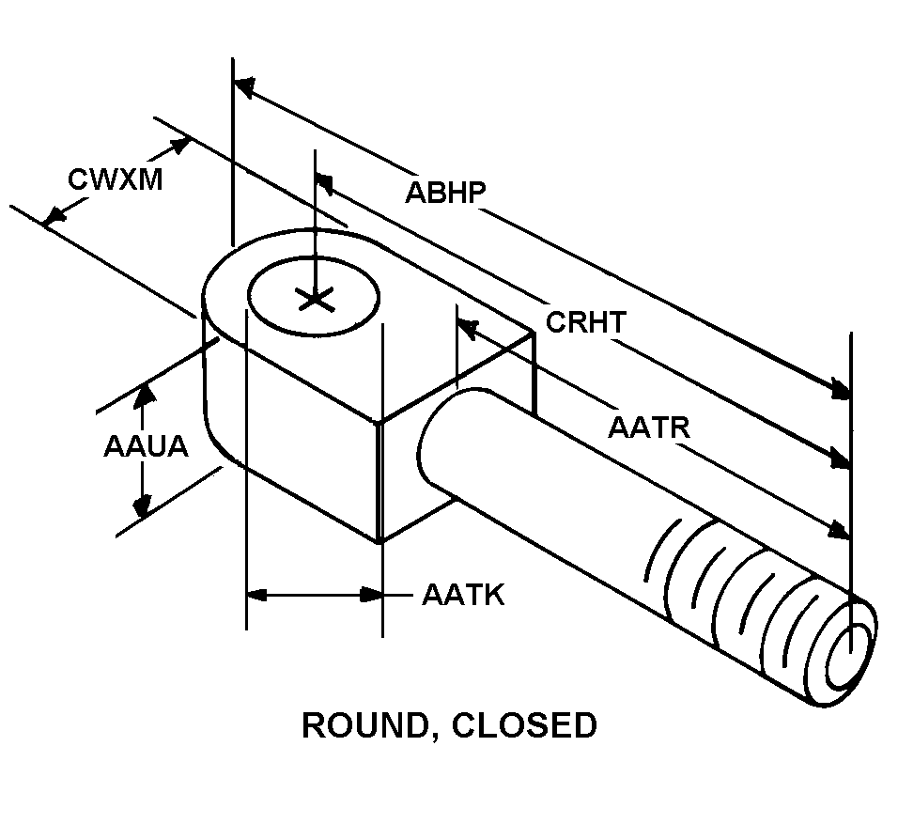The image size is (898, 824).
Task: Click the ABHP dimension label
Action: tap(445, 192)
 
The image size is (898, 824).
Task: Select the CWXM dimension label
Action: tap(116, 179)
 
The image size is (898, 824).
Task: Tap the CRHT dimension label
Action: tap(585, 322)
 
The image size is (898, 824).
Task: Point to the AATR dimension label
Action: tap(649, 428)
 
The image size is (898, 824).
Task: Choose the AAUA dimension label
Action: tap(146, 446)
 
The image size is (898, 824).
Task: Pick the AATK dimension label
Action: tap(463, 595)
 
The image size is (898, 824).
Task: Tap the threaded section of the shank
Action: tap(742, 601)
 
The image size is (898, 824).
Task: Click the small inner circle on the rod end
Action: tap(849, 649)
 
